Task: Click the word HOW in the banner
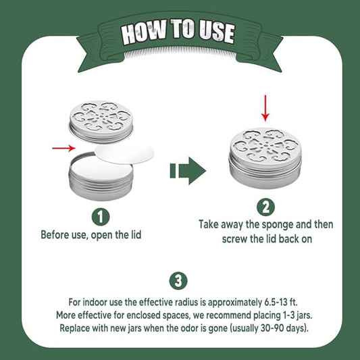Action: coord(143,32)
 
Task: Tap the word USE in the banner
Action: coord(216,32)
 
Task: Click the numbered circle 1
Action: coord(101,217)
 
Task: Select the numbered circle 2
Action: coord(265,207)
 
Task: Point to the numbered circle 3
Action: coord(178,281)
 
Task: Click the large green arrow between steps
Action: coord(188,171)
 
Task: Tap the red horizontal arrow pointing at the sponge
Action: coord(63,148)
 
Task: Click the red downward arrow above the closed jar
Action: coord(265,108)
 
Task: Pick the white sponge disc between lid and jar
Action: coord(125,153)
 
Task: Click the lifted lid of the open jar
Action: coord(101,120)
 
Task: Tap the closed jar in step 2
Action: coord(265,158)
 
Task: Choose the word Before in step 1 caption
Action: coord(55,234)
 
